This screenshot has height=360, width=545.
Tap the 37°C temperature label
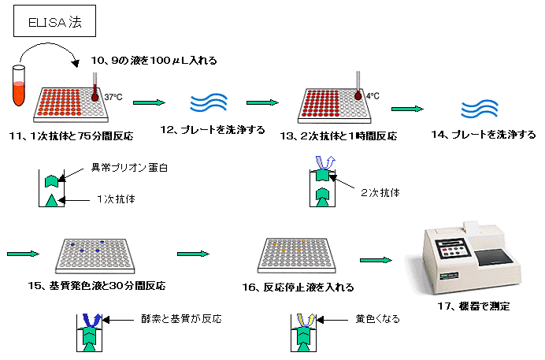pyautogui.click(x=114, y=96)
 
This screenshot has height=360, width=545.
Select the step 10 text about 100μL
pyautogui.click(x=154, y=59)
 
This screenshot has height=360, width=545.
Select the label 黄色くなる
pyautogui.click(x=373, y=319)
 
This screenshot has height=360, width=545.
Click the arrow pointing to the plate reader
pyautogui.click(x=376, y=259)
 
